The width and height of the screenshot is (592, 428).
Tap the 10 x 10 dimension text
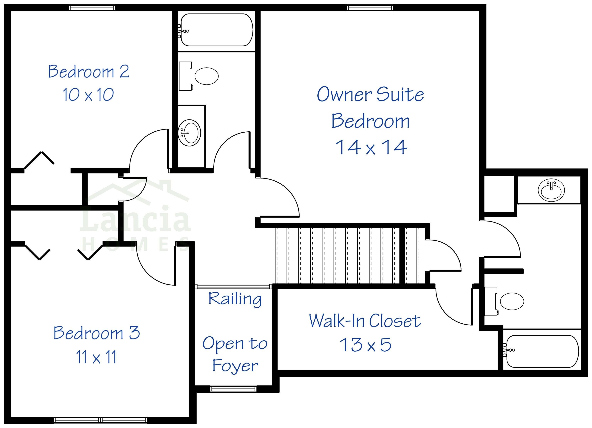(x=88, y=95)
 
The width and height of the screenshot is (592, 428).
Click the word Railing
(x=235, y=299)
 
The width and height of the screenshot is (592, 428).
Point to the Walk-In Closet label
(x=365, y=321)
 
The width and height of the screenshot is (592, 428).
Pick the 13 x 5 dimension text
(x=365, y=345)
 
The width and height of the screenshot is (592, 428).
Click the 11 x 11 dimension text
(x=96, y=357)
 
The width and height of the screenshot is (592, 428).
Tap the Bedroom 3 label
(x=97, y=333)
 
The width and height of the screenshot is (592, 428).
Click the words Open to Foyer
(x=235, y=354)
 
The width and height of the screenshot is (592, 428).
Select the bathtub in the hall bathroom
(x=217, y=30)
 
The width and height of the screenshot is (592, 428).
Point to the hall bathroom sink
(x=189, y=133)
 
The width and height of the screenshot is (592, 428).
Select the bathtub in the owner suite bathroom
(x=542, y=351)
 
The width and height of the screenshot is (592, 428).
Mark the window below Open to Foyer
(x=233, y=389)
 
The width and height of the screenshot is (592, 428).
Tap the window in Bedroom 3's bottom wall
(x=100, y=420)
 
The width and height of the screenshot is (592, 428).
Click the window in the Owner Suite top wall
(x=370, y=8)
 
